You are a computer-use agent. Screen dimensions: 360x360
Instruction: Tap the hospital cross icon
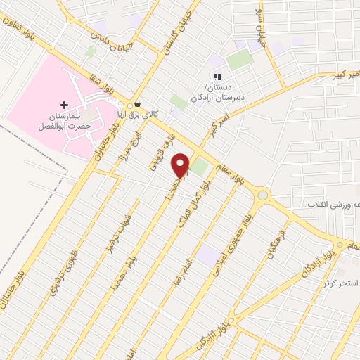64,104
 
